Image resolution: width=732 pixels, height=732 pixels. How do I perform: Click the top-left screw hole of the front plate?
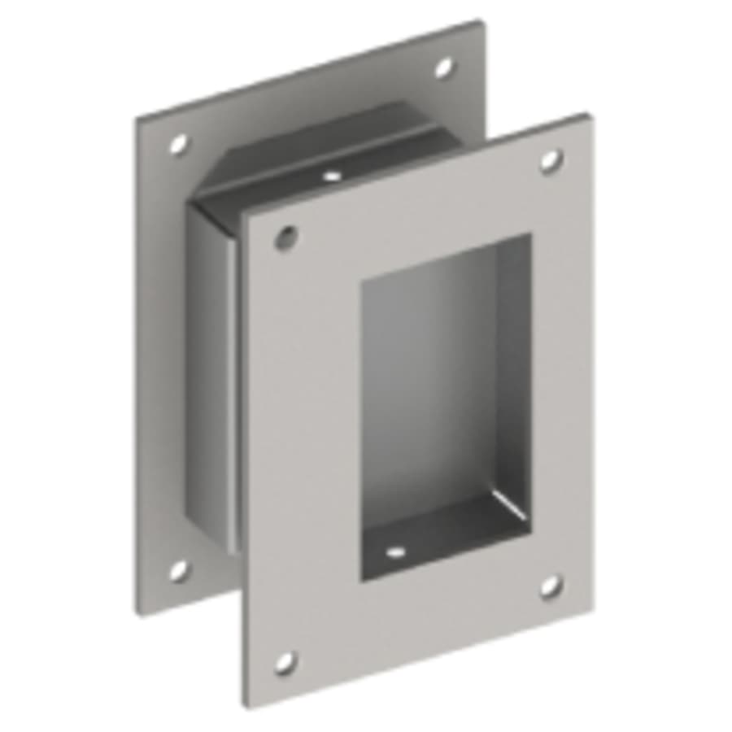285,237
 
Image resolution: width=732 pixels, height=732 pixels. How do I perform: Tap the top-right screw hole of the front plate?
551,160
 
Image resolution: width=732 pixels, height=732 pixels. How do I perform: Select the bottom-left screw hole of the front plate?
285,662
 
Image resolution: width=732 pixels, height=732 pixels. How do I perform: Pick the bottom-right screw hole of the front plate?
551,586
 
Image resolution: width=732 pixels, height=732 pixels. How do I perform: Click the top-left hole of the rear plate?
178,145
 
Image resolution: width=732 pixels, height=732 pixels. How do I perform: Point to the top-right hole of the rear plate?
444,68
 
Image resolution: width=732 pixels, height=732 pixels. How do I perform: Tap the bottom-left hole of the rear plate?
178,569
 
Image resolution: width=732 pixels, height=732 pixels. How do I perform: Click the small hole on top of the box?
331,175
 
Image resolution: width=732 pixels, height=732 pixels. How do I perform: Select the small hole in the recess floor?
396,552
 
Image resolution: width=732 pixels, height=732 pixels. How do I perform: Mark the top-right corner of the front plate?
587,115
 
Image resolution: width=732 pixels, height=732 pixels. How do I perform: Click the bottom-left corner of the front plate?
245,706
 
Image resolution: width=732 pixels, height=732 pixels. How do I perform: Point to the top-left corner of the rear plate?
137,119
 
